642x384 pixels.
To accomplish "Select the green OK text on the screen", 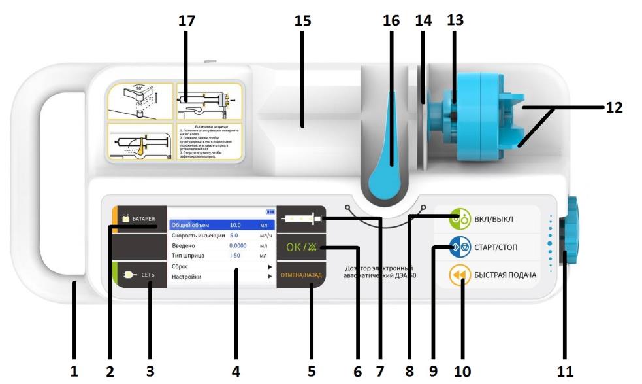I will click(x=297, y=248).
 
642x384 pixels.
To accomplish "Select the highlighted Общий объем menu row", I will click(x=221, y=224).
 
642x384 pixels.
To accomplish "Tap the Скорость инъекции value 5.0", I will click(x=234, y=235).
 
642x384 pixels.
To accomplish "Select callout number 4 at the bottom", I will click(x=235, y=371).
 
